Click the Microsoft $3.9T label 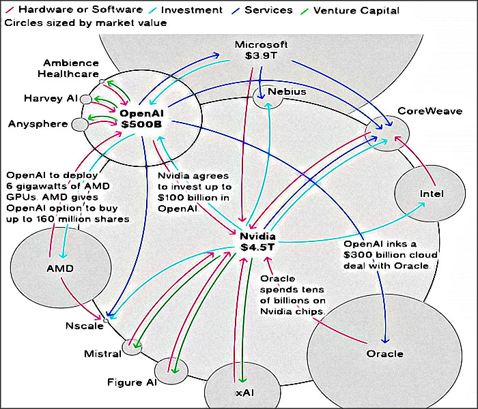click(x=262, y=50)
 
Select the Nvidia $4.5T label click(x=257, y=241)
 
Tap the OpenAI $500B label click(x=142, y=119)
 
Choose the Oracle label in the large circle click(x=384, y=354)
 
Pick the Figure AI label click(x=132, y=382)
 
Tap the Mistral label click(x=102, y=354)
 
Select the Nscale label click(x=85, y=326)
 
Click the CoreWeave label click(x=430, y=111)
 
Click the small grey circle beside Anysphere click(x=80, y=124)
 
